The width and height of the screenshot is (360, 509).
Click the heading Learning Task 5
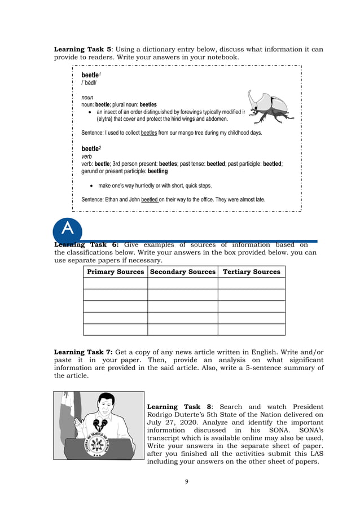pos(81,49)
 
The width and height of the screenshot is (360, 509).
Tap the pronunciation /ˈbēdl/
pos(89,83)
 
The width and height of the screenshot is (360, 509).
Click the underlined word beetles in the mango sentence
pos(149,133)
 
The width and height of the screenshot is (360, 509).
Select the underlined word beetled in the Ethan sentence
pos(150,199)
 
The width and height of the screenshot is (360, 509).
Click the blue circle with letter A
pos(68,230)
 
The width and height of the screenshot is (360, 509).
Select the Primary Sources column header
pos(115,272)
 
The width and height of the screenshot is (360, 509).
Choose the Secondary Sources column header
pos(183,272)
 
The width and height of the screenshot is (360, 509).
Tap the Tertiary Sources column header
pos(251,272)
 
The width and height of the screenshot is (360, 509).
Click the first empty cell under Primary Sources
pos(115,283)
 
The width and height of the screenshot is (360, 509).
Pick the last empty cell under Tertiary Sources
pos(251,330)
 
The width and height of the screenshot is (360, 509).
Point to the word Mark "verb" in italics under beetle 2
pos(87,156)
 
